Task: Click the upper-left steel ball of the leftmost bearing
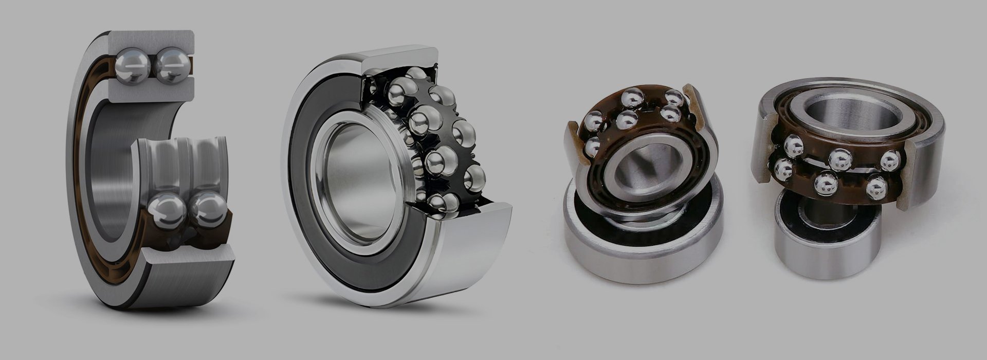(133, 65)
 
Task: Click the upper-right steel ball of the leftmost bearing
(172, 66)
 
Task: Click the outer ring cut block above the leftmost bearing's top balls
(152, 40)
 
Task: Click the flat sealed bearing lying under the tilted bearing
(643, 252)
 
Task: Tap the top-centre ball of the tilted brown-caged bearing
(631, 98)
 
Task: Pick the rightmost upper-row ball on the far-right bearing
(890, 160)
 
